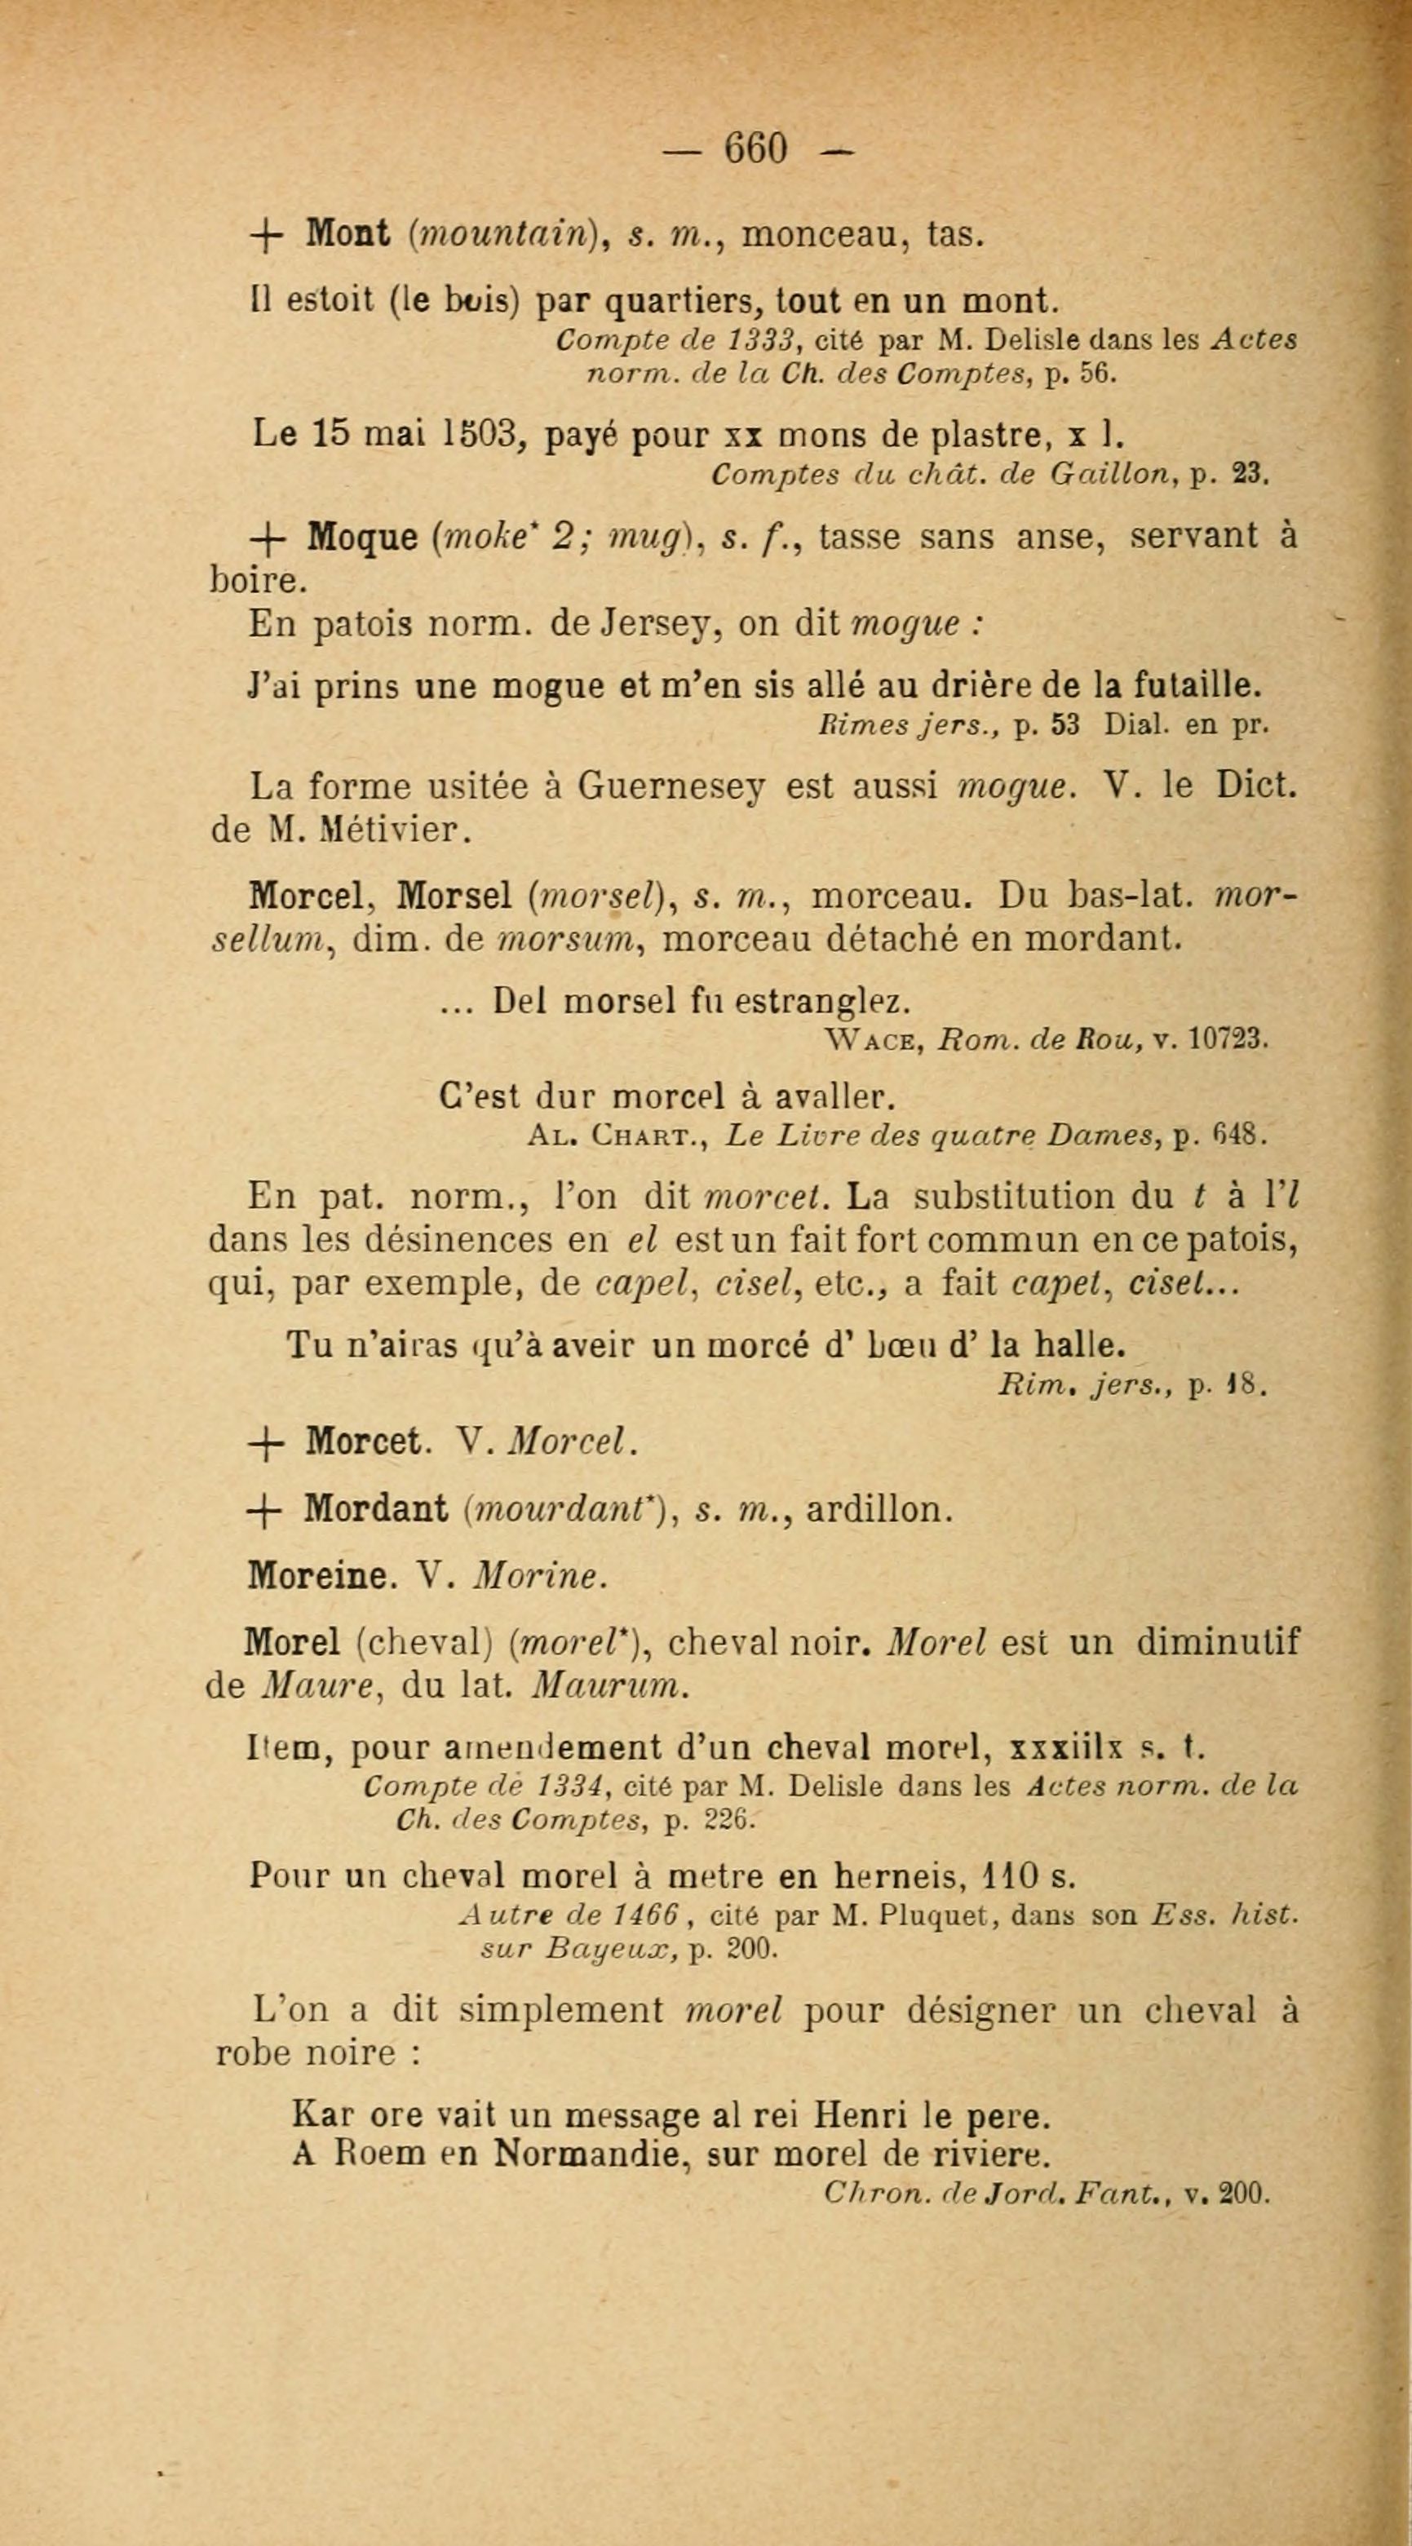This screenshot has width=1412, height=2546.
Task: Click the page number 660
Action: (757, 148)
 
